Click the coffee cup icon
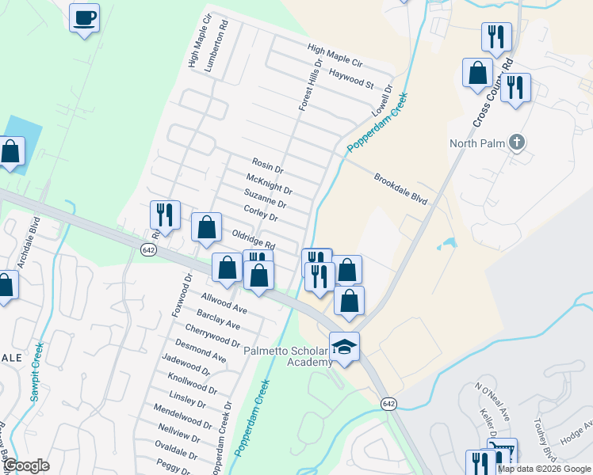(84, 17)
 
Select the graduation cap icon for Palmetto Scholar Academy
(344, 347)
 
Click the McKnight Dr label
(270, 184)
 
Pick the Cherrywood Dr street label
(212, 336)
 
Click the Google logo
(26, 465)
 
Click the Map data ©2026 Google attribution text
(544, 469)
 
